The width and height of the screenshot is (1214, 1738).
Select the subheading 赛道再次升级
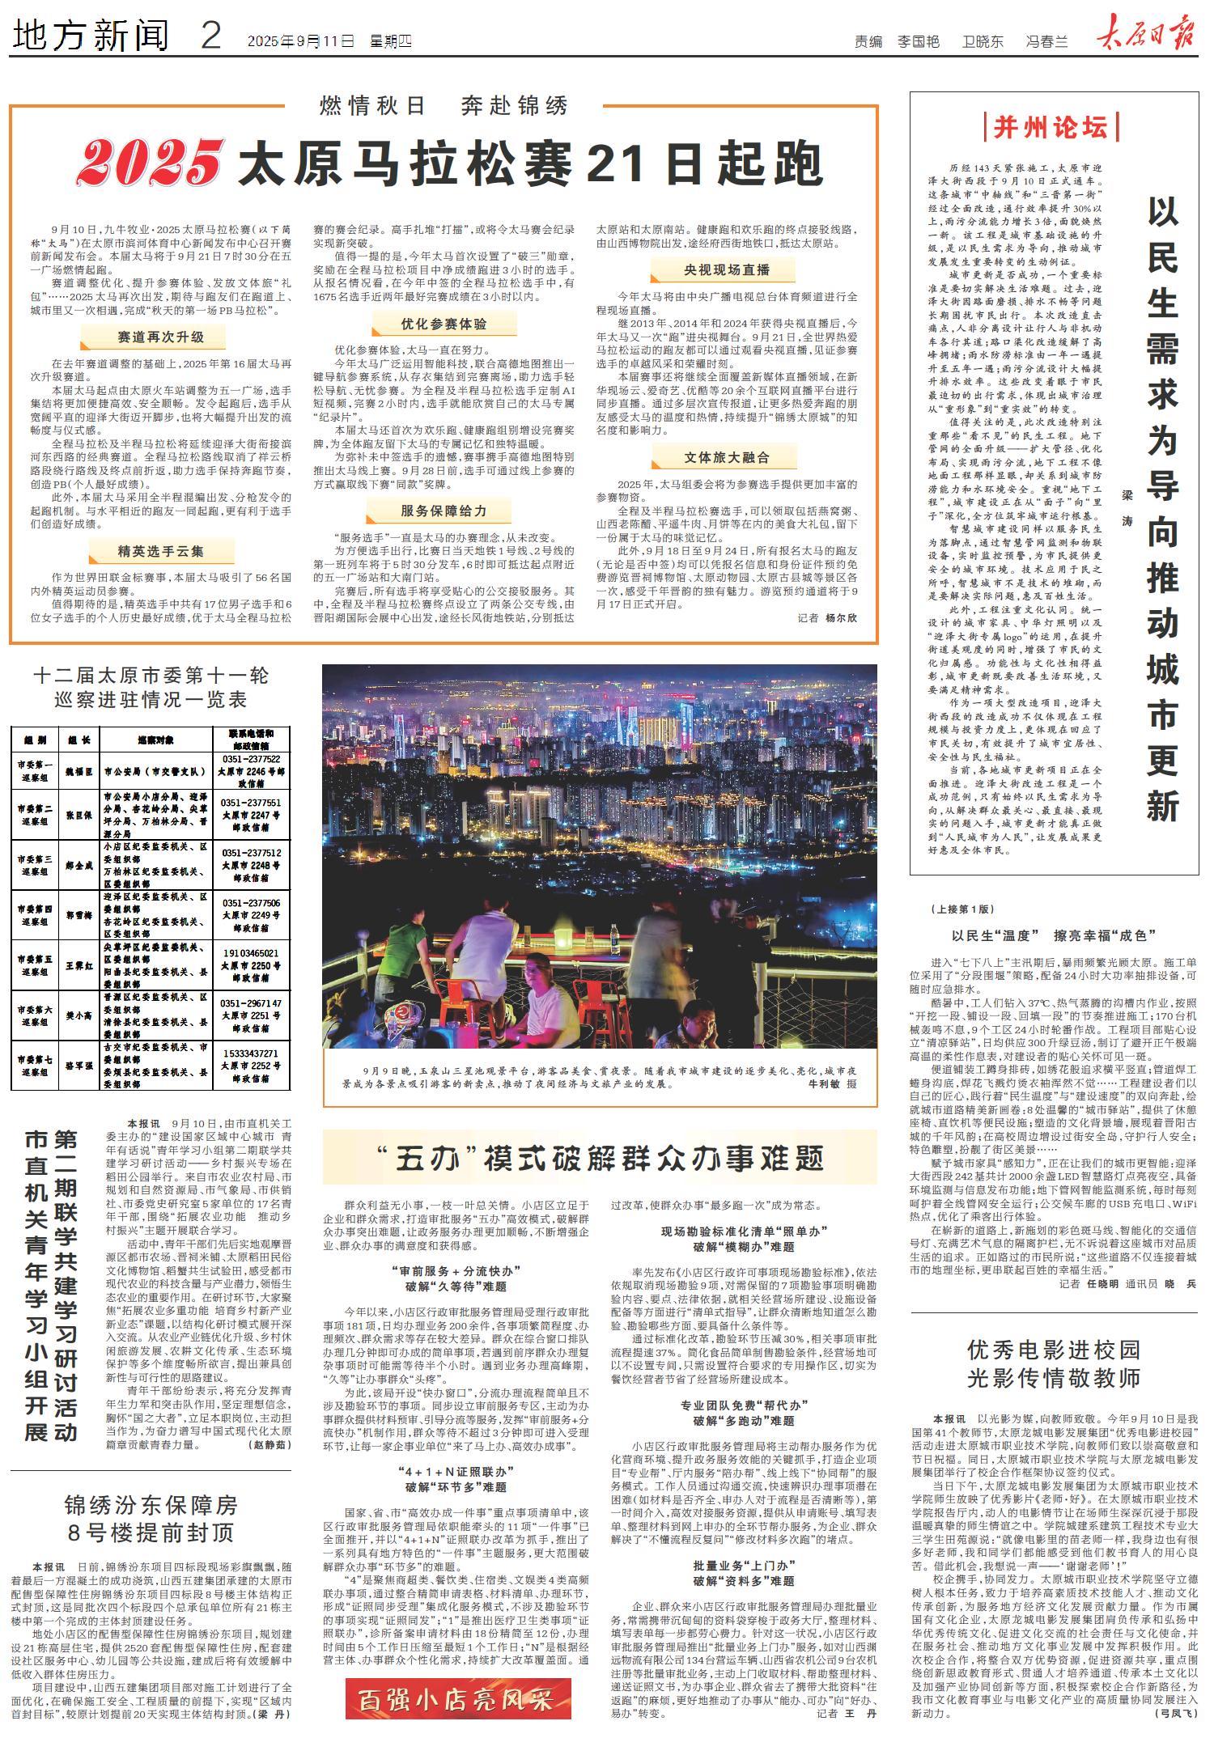pyautogui.click(x=160, y=337)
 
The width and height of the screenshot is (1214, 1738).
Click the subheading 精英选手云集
pyautogui.click(x=160, y=552)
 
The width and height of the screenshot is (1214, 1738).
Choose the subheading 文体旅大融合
pyautogui.click(x=726, y=457)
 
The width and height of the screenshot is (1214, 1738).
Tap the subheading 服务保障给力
pyautogui.click(x=444, y=511)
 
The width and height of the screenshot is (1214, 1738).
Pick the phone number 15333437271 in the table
pyautogui.click(x=251, y=1053)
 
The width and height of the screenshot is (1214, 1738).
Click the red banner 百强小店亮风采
pyautogui.click(x=458, y=1698)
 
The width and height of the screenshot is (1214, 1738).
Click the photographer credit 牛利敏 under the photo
pyautogui.click(x=825, y=1083)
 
